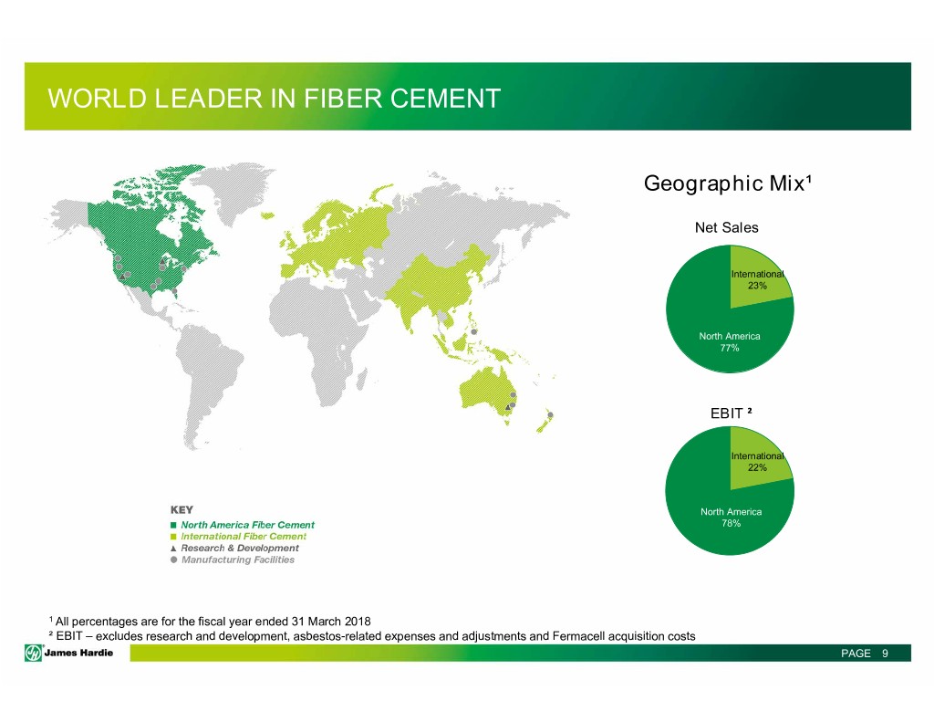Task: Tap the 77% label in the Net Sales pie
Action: pyautogui.click(x=730, y=348)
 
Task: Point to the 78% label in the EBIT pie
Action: pyautogui.click(x=731, y=523)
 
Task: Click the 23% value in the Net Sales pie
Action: pyautogui.click(x=757, y=286)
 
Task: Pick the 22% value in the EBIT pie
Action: pyautogui.click(x=757, y=467)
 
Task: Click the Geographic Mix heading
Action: pyautogui.click(x=727, y=183)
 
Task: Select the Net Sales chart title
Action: pyautogui.click(x=727, y=228)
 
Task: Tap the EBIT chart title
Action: pyautogui.click(x=731, y=413)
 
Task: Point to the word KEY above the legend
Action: pyautogui.click(x=182, y=509)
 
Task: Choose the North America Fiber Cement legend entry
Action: pyautogui.click(x=243, y=525)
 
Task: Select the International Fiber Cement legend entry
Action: pyautogui.click(x=238, y=537)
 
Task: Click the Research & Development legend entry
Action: pyautogui.click(x=234, y=548)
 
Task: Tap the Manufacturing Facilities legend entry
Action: pyautogui.click(x=233, y=560)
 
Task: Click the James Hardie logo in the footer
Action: pyautogui.click(x=69, y=653)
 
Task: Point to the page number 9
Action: pyautogui.click(x=885, y=654)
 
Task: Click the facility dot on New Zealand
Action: pyautogui.click(x=550, y=415)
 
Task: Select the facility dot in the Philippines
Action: pyautogui.click(x=474, y=331)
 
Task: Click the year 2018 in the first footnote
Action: pyautogui.click(x=358, y=622)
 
